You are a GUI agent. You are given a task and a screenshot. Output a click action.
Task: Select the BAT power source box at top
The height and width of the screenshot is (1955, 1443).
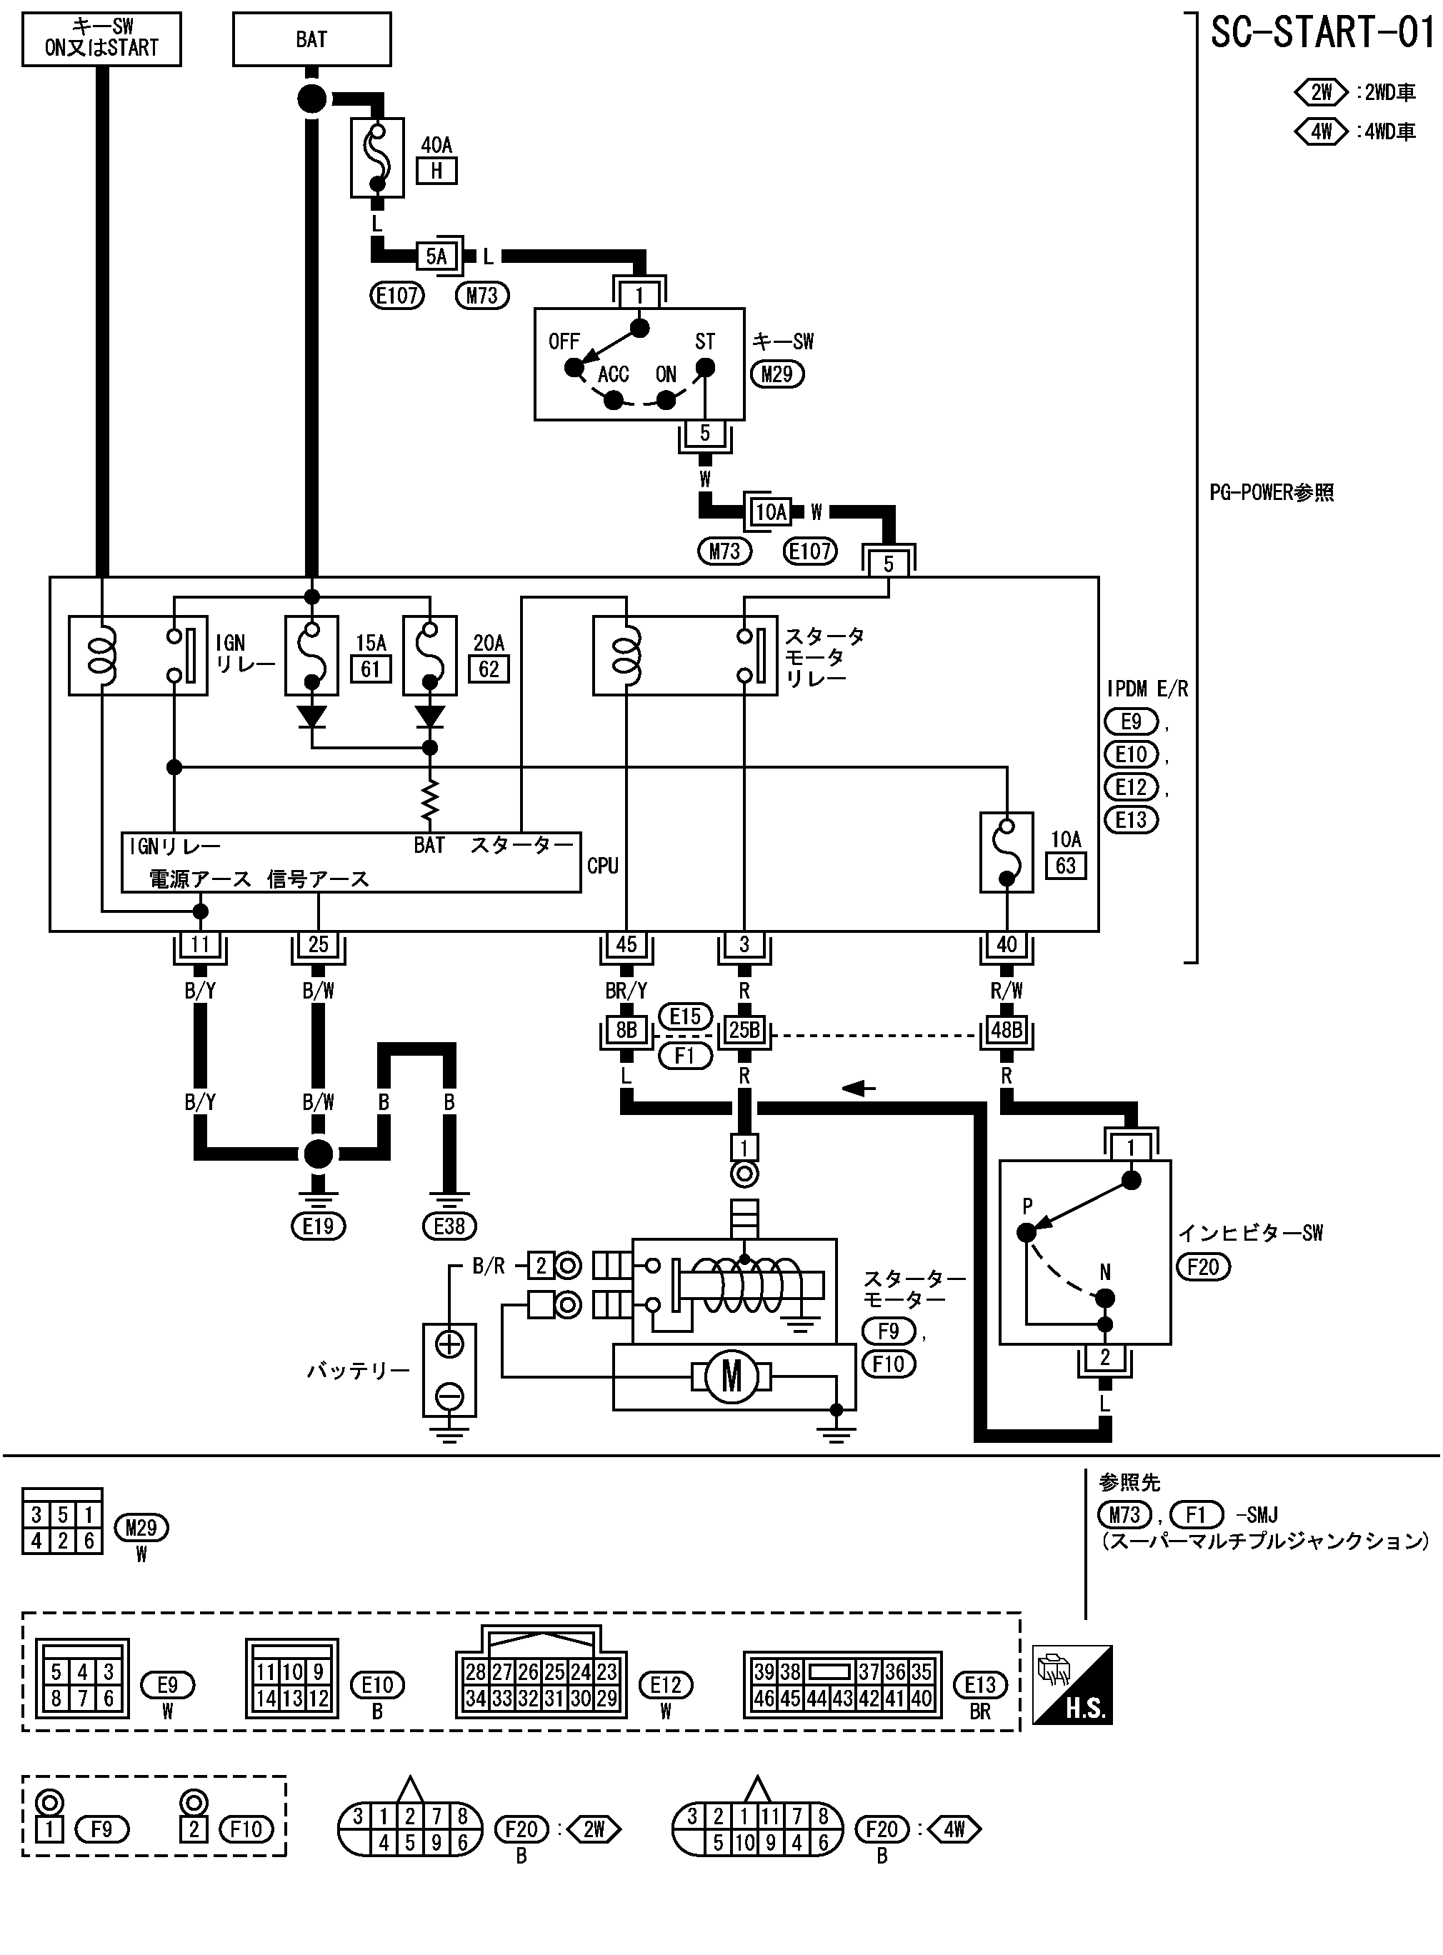(x=312, y=39)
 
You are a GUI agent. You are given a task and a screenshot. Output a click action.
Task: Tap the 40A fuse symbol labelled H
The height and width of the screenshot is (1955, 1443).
(x=377, y=158)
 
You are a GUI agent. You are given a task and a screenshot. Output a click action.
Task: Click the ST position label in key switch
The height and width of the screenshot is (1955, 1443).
(x=705, y=341)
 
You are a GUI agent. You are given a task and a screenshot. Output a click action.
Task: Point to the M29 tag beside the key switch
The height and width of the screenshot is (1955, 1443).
(x=777, y=374)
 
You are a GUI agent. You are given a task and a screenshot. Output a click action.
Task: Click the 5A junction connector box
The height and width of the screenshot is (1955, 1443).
(x=436, y=256)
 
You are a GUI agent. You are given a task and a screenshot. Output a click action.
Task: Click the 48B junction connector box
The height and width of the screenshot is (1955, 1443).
(x=1007, y=1030)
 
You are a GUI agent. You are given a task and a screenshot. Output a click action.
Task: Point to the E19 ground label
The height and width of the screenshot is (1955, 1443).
(x=318, y=1226)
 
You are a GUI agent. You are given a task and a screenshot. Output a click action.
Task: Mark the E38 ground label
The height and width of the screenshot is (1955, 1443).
(x=449, y=1226)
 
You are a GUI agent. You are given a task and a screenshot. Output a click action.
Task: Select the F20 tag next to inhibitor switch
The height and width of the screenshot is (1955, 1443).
(x=1203, y=1266)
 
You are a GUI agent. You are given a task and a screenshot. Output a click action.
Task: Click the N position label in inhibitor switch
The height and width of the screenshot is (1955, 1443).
(x=1105, y=1272)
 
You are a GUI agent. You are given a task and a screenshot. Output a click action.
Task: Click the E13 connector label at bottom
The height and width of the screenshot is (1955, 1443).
(x=980, y=1684)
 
